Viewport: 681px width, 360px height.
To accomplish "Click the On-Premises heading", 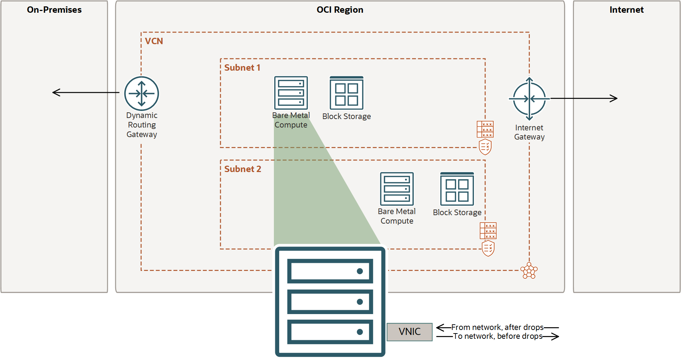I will click(54, 10).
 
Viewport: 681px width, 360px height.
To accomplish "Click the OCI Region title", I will click(340, 10).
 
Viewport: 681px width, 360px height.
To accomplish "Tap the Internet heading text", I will click(626, 10).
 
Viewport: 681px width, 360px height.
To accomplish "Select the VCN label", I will click(154, 41).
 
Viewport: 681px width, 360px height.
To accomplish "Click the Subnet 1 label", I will click(242, 68).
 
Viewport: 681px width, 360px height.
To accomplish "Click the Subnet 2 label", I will click(242, 169).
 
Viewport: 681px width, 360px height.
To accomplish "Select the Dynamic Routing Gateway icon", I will click(141, 94).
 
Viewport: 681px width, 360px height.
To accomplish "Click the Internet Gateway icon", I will click(529, 99).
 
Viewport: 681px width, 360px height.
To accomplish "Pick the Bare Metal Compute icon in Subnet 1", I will click(291, 93).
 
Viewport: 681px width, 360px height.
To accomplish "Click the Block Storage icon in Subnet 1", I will click(346, 93).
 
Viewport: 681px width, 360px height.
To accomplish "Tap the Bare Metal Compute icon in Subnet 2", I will click(397, 189).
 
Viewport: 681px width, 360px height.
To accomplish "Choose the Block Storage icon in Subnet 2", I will click(457, 189).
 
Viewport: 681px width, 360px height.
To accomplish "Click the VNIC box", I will click(409, 332).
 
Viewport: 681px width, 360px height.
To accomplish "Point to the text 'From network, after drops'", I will click(497, 327).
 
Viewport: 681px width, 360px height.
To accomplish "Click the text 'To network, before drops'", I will click(497, 336).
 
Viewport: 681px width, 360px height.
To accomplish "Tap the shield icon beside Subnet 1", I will click(485, 147).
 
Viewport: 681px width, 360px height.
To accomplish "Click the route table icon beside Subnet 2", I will click(488, 231).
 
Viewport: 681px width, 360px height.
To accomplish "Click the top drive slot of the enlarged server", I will click(330, 271).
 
